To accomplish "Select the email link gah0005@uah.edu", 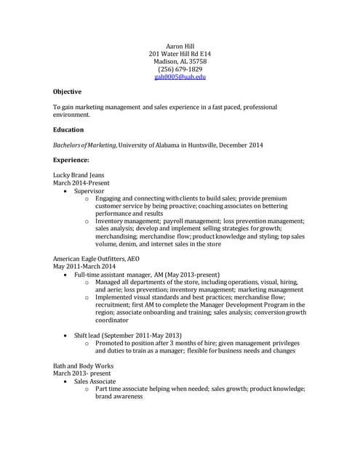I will [x=180, y=77].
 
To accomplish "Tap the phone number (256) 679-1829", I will [x=180, y=70].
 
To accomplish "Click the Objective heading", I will [x=67, y=92].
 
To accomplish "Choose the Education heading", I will [x=68, y=129].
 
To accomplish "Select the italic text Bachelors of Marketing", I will [x=84, y=145].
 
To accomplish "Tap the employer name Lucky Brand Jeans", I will [x=79, y=175].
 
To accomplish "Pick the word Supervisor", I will [x=89, y=191].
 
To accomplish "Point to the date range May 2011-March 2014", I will [x=84, y=267].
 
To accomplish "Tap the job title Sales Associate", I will [x=95, y=381].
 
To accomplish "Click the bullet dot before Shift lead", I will [x=68, y=335].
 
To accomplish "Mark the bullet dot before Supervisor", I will [x=68, y=191].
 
